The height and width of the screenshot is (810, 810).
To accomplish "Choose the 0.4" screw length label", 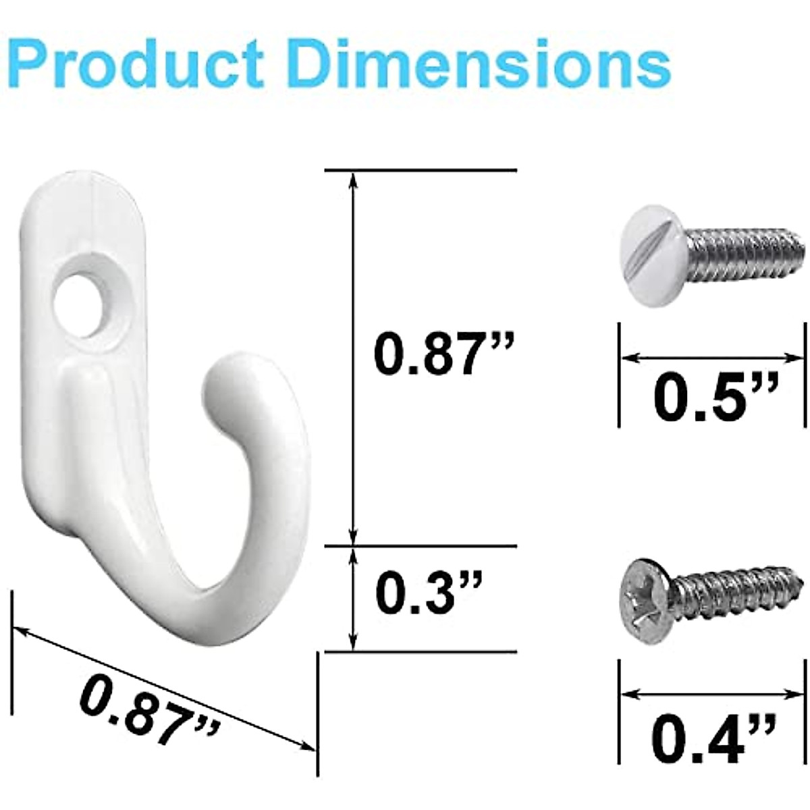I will tap(715, 738).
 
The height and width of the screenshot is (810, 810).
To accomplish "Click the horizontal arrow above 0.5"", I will tap(713, 357).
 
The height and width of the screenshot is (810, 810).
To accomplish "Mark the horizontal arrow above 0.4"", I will tap(713, 693).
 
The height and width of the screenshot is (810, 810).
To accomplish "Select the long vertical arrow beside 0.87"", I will tap(351, 358).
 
